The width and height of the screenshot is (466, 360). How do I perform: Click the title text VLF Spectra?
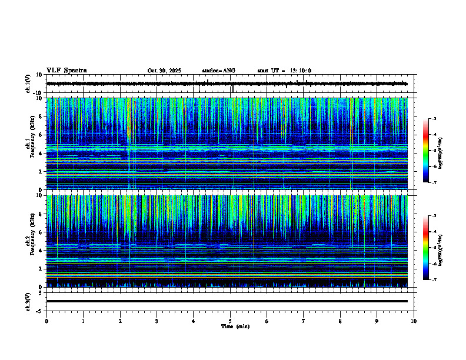click(x=66, y=71)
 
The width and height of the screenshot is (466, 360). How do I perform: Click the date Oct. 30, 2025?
click(x=164, y=71)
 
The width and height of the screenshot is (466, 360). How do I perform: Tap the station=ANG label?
click(x=218, y=71)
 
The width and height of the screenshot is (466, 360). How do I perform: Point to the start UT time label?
click(x=284, y=71)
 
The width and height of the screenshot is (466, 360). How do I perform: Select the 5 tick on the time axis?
click(x=230, y=321)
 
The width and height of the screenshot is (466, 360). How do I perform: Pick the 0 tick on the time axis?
click(x=46, y=321)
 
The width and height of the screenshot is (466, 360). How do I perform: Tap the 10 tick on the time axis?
click(x=414, y=321)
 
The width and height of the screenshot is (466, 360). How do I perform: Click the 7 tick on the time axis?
click(x=304, y=321)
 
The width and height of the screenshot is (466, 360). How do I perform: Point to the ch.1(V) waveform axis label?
click(x=28, y=84)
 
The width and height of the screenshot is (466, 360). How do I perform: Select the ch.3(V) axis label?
click(x=28, y=301)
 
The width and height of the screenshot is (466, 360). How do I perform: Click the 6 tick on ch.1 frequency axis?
click(x=41, y=135)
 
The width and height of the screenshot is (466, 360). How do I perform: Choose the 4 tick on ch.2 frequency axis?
click(x=41, y=251)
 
